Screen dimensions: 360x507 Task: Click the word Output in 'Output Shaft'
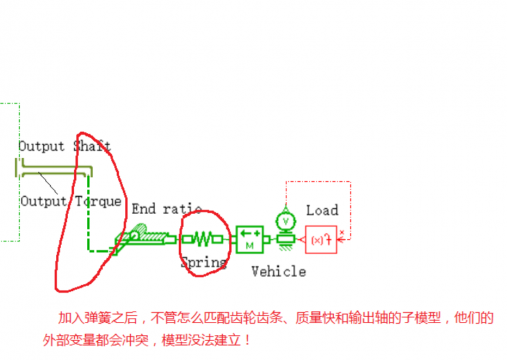(39, 146)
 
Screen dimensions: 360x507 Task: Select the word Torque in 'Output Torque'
(98, 201)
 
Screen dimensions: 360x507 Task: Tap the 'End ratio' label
(167, 209)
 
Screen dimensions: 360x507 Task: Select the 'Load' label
(322, 210)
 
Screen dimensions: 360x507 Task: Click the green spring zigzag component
(205, 239)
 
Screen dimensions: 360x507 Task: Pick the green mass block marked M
(249, 239)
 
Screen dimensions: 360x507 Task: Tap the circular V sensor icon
(286, 219)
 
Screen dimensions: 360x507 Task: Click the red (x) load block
(321, 240)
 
